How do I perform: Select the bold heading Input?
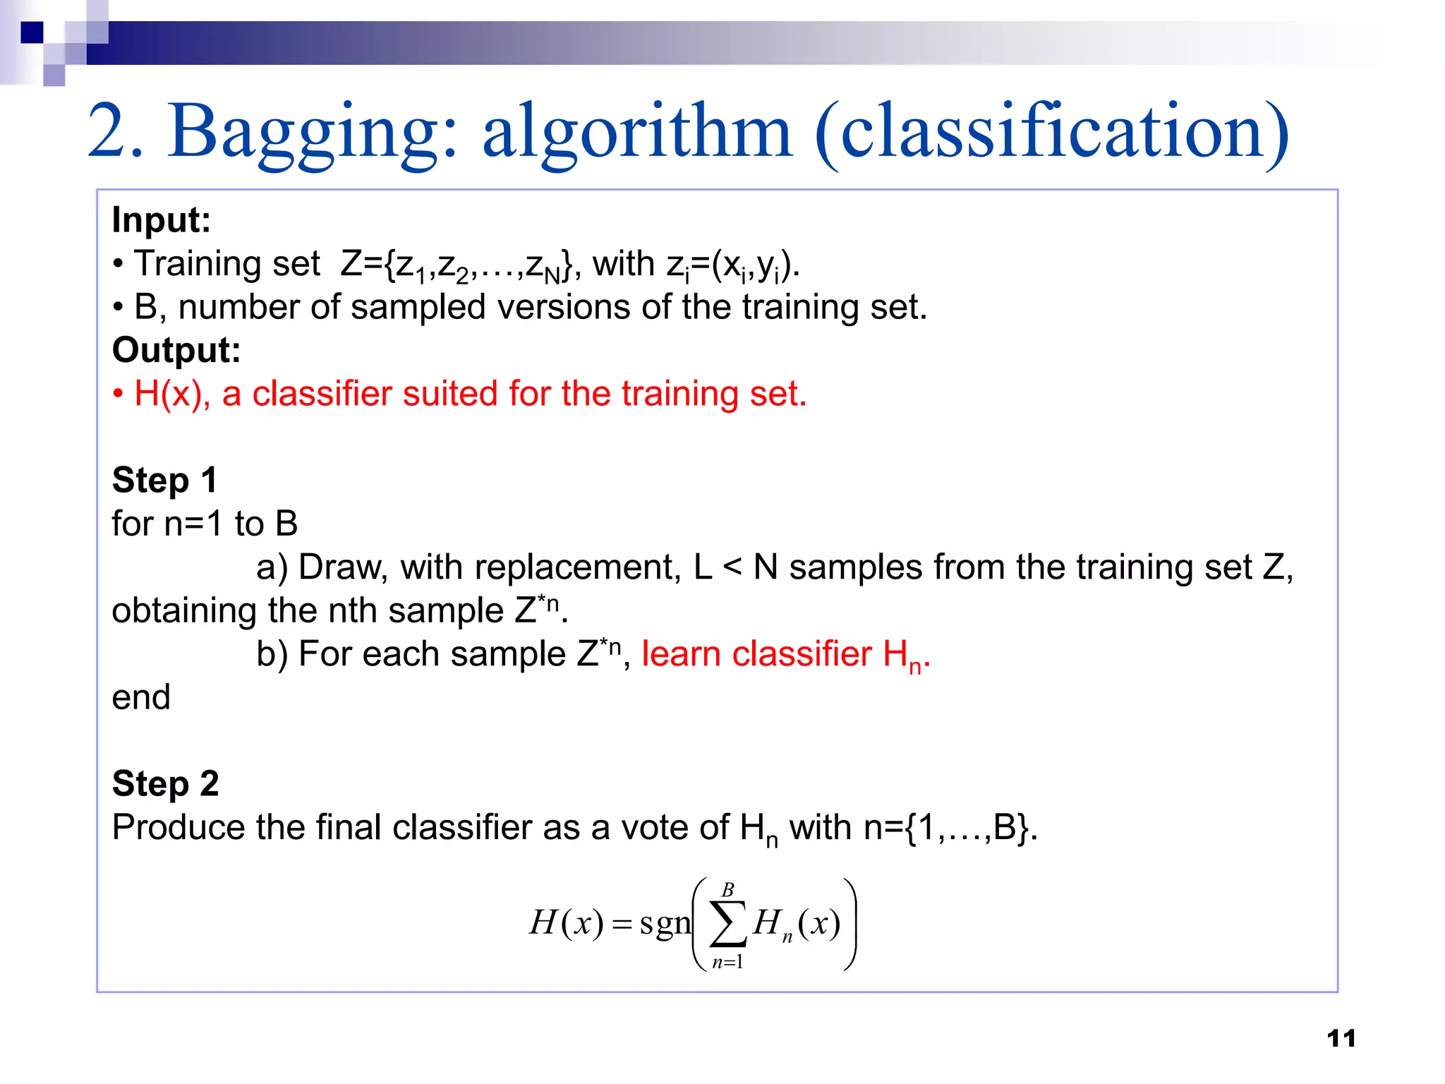point(162,220)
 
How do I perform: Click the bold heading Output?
point(176,351)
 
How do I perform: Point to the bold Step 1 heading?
point(164,481)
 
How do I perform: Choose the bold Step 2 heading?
point(166,784)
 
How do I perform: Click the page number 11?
point(1341,1038)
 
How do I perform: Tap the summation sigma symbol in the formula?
point(728,924)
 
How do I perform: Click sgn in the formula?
point(665,923)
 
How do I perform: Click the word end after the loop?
point(141,698)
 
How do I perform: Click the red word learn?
point(681,654)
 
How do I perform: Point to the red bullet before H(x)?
point(119,395)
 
